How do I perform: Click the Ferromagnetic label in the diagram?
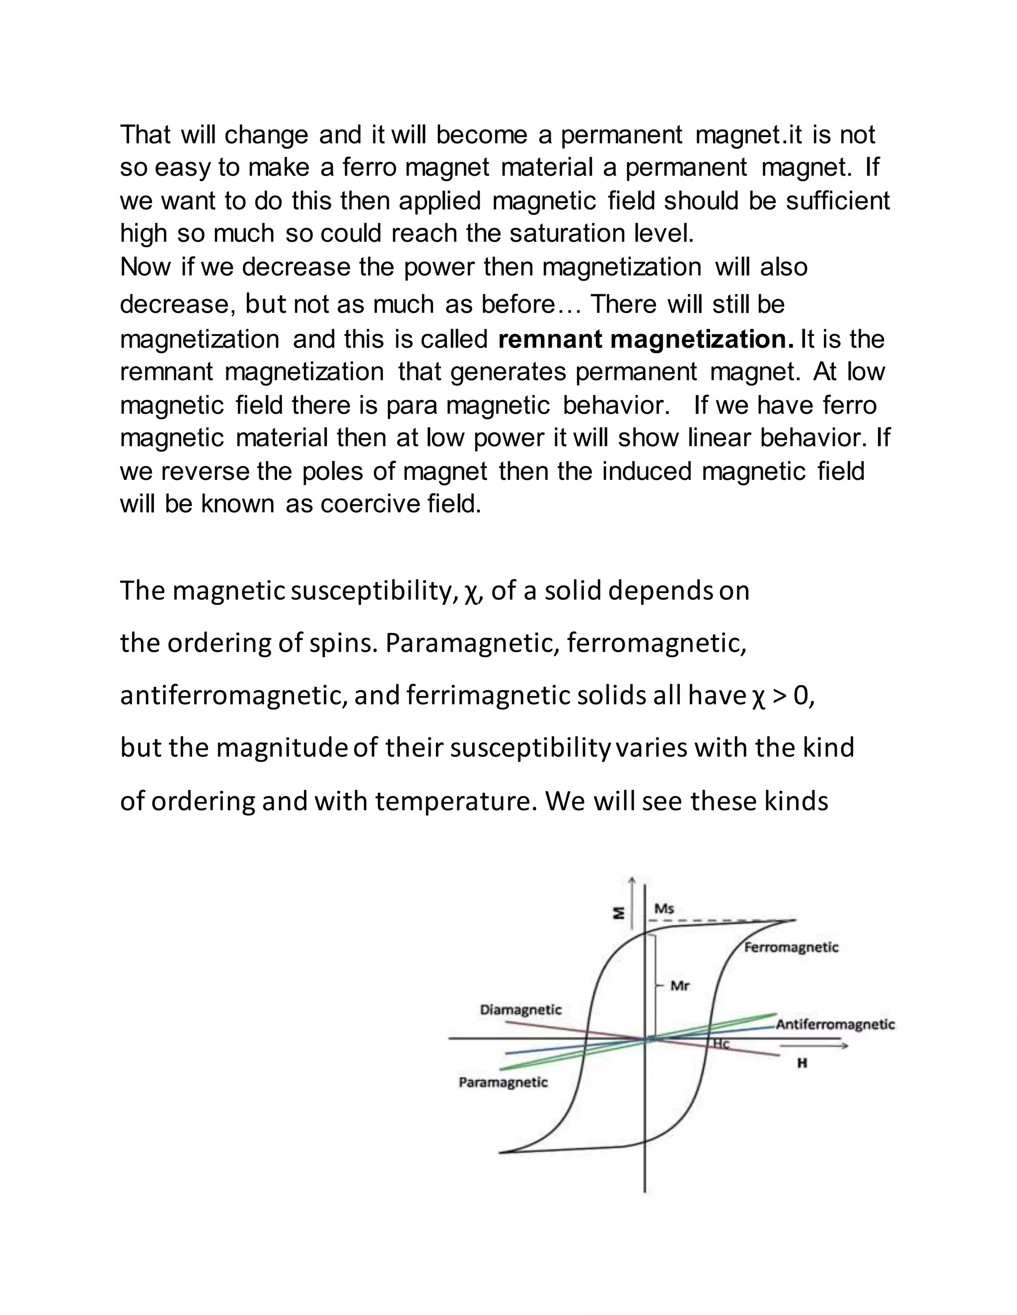click(x=791, y=947)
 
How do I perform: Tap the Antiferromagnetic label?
click(x=835, y=1024)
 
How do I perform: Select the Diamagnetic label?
click(x=520, y=1010)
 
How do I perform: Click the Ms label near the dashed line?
click(x=664, y=908)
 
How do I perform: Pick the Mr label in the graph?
click(x=680, y=986)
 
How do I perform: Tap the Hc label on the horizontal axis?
click(x=721, y=1044)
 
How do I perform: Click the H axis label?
click(x=802, y=1063)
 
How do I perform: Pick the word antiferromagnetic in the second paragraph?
click(x=233, y=696)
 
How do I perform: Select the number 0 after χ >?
click(x=801, y=696)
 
